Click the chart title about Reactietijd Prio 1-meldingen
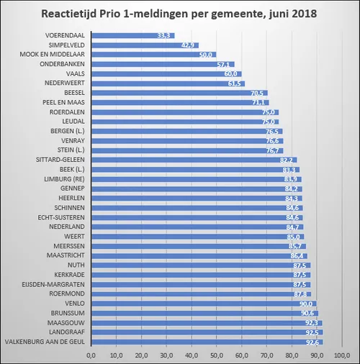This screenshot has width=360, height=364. click(x=180, y=14)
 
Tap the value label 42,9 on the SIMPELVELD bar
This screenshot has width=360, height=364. click(x=189, y=45)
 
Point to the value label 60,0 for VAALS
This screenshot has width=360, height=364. click(x=232, y=73)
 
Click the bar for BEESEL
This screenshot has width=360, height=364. click(x=180, y=93)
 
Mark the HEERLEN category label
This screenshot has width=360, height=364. click(x=73, y=198)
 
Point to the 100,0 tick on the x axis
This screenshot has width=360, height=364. click(x=343, y=355)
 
